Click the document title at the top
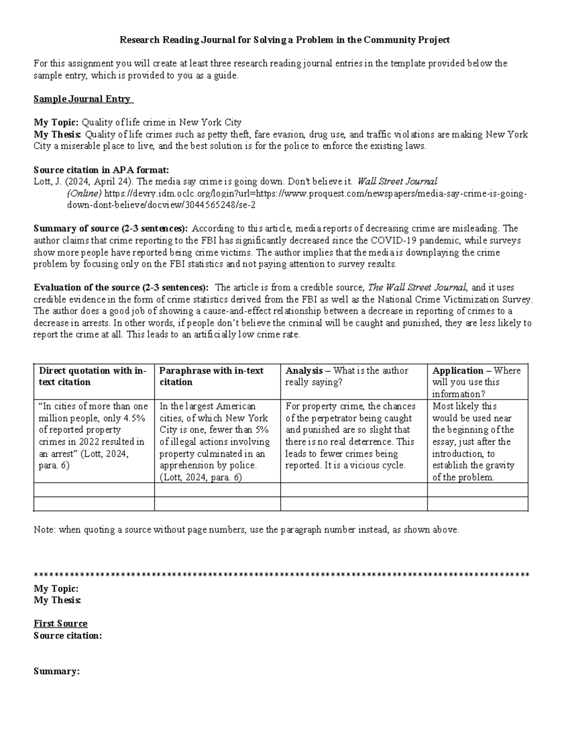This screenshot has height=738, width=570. click(285, 40)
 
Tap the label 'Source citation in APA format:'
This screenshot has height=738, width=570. click(101, 170)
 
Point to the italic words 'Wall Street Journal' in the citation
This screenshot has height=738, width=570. click(397, 182)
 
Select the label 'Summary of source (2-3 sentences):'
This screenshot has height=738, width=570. click(111, 229)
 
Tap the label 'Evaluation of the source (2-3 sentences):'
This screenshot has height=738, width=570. click(121, 288)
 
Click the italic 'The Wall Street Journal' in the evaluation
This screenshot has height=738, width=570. click(418, 288)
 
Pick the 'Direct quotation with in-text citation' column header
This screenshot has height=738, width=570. click(93, 376)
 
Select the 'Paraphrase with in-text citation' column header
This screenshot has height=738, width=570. click(211, 376)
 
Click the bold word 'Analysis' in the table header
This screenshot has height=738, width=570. click(304, 371)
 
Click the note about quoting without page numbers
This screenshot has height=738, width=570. click(247, 530)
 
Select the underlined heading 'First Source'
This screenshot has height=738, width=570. click(60, 623)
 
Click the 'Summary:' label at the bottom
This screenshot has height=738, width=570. click(57, 671)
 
